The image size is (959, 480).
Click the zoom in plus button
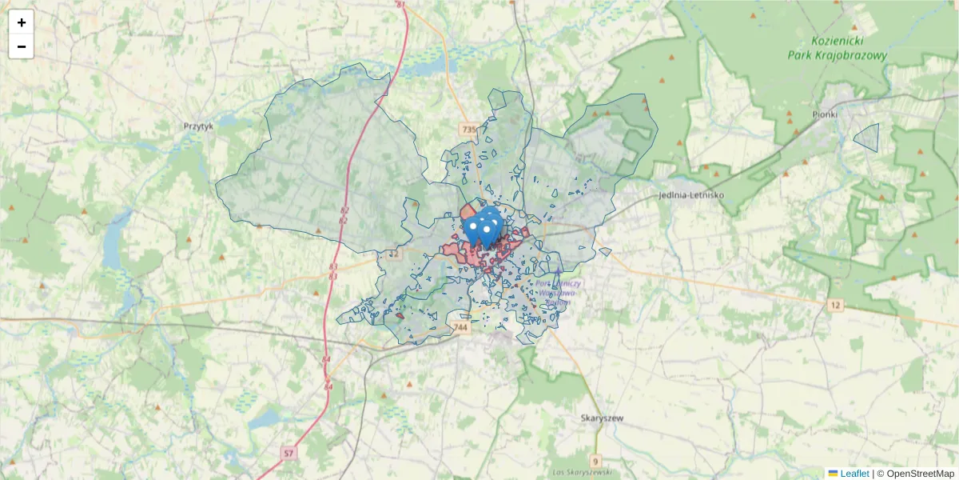[x=22, y=22]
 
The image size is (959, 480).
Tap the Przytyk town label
[x=198, y=126]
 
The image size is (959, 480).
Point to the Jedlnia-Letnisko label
[x=691, y=194]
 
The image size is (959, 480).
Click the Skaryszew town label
[x=602, y=418]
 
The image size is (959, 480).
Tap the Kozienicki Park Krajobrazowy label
[x=837, y=48]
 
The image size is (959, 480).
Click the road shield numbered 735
[x=468, y=129]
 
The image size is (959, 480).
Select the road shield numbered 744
[x=460, y=327]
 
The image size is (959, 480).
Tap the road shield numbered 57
[x=288, y=454]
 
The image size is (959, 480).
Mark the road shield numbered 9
[x=595, y=461]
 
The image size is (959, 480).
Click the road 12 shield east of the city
[x=836, y=305]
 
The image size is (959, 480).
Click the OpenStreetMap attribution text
[x=916, y=474]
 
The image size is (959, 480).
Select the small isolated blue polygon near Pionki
[x=868, y=137]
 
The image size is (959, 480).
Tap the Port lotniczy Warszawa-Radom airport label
[x=560, y=293]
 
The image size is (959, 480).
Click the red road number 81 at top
[x=400, y=5]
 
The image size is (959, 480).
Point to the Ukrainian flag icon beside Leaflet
[x=833, y=474]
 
